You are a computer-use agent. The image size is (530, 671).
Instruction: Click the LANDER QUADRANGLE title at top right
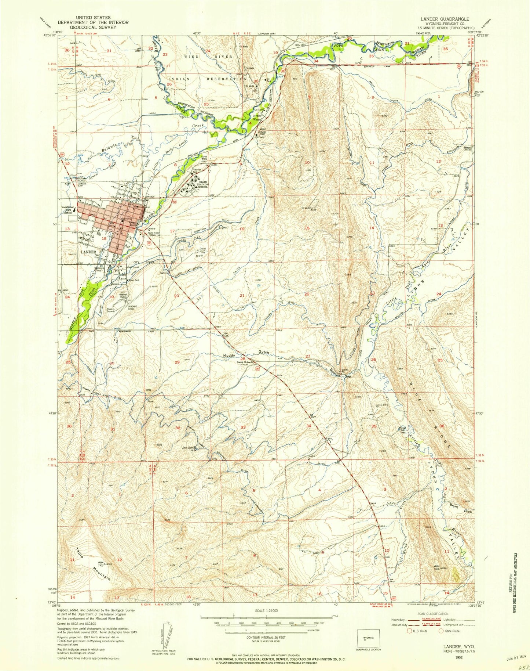tap(448, 18)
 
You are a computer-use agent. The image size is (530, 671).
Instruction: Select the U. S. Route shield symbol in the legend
tap(410, 631)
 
